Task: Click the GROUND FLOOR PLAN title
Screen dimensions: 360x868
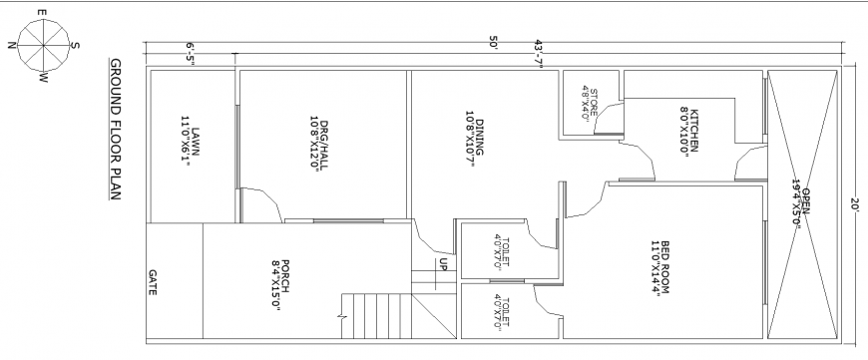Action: coord(115,130)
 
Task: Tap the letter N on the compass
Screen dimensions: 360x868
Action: coord(11,44)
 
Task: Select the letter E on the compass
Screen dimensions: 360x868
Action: coord(41,13)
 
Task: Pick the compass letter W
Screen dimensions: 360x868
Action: coord(43,78)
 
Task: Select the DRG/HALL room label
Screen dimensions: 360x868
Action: coord(316,146)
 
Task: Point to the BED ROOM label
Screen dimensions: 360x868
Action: coord(658,266)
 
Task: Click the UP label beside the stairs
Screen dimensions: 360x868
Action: coord(441,264)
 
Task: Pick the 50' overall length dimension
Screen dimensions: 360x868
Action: coord(493,42)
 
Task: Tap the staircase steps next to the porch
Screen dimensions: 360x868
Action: coord(375,317)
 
